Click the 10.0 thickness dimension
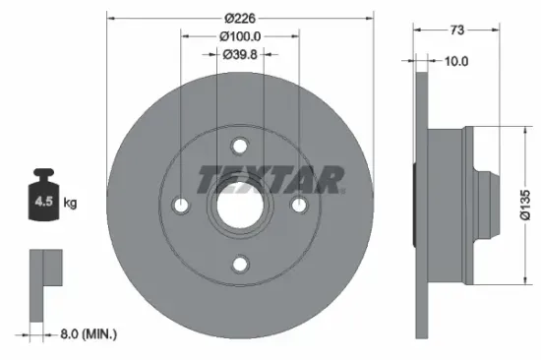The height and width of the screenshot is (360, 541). click(x=455, y=61)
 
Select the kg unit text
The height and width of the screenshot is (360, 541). click(x=70, y=205)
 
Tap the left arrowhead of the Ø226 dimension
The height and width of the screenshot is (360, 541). click(x=109, y=17)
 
